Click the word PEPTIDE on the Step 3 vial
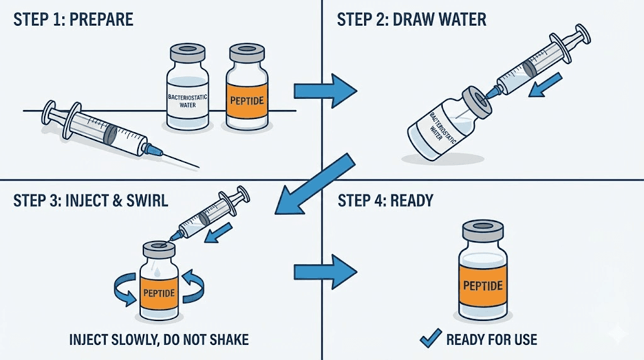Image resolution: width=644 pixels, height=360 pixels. point(158,293)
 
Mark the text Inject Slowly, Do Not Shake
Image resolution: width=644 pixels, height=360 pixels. point(159,340)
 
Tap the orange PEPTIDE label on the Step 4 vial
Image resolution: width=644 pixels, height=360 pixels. point(482,285)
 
